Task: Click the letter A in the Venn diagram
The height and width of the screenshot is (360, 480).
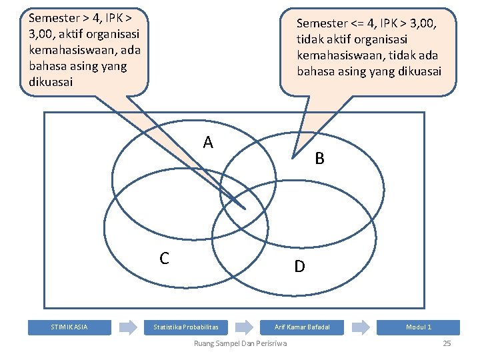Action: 209,142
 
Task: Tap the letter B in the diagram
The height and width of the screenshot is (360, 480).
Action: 320,159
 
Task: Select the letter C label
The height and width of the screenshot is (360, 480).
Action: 164,258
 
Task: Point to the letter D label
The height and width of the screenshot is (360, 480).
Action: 300,267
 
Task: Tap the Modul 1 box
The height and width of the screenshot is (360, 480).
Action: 419,327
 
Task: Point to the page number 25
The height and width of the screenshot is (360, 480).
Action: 447,343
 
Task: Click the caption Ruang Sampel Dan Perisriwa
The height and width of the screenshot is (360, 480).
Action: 240,343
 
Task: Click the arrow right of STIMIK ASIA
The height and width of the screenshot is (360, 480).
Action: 128,327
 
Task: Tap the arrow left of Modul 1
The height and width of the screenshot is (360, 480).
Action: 361,327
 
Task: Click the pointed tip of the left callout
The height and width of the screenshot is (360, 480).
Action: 245,209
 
